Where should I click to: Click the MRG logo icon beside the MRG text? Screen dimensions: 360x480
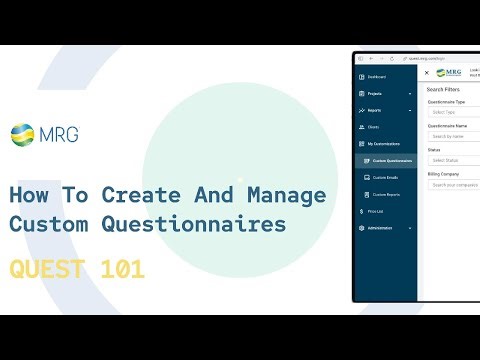(x=21, y=133)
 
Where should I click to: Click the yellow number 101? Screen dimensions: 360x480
(x=120, y=269)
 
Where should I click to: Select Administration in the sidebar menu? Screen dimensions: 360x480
(x=381, y=228)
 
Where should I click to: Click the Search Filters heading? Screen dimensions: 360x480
(x=444, y=89)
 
